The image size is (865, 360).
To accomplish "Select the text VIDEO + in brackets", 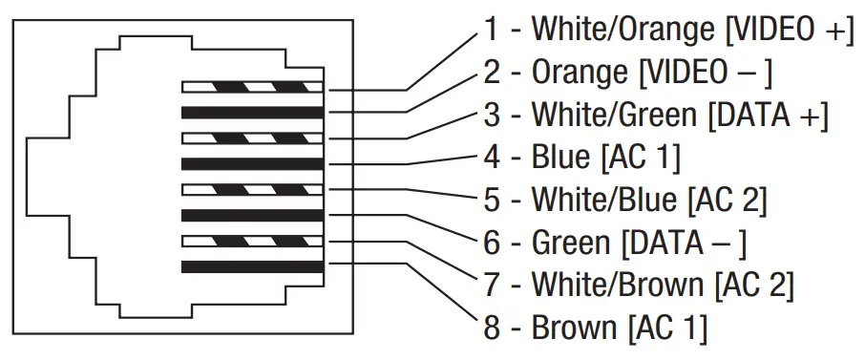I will [x=789, y=29].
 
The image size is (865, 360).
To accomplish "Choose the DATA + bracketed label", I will [x=768, y=115].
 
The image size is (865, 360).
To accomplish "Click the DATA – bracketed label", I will [x=684, y=243].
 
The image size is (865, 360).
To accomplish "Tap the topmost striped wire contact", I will [x=253, y=88].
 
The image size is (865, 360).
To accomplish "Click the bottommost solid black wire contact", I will [x=253, y=266].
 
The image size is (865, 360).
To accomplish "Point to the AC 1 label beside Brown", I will [x=667, y=328].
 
